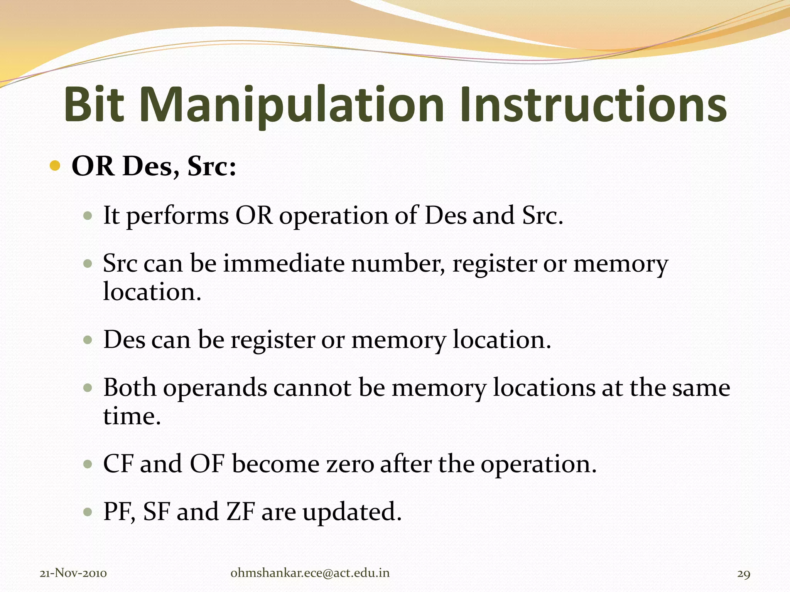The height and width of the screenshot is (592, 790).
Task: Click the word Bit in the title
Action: (94, 105)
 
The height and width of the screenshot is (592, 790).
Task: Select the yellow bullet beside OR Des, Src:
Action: (55, 166)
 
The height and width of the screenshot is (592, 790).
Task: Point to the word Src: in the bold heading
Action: (212, 167)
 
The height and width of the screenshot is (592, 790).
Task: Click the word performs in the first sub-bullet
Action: (177, 216)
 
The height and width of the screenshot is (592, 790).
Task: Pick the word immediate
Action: (284, 264)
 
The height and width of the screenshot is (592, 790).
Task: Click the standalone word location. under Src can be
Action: (152, 292)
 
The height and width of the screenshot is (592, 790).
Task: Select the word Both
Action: (130, 388)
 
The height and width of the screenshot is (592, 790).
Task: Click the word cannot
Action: (312, 388)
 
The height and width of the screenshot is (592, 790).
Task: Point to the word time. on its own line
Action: (132, 416)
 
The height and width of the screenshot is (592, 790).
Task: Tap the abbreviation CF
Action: (118, 464)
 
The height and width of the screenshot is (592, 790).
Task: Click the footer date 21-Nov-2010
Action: (73, 573)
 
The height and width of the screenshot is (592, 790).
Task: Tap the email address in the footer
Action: (310, 573)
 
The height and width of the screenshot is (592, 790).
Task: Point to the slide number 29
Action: (744, 574)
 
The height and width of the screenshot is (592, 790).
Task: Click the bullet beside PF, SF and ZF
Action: (88, 512)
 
